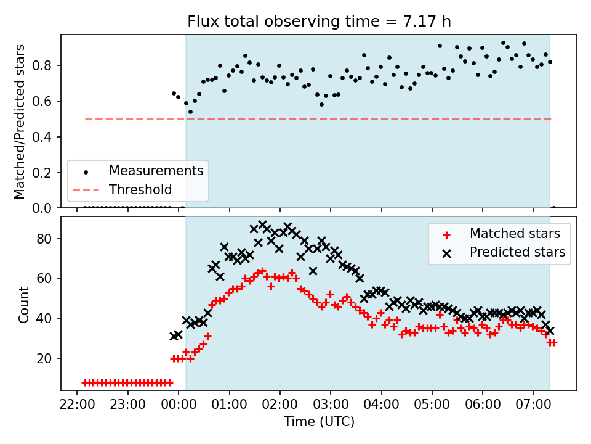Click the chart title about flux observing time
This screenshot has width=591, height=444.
pos(319,21)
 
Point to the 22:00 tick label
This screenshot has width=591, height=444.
pos(77,405)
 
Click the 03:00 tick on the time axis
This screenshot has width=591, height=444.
pos(331,405)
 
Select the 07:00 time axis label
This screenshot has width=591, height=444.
pos(533,405)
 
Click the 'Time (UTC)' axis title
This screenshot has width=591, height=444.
pos(319,421)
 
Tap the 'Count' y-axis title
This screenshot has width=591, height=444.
pos(23,304)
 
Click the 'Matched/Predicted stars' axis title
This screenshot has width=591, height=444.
pos(19,121)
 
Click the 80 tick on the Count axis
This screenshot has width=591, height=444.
pos(44,239)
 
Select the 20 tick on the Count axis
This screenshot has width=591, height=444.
pos(44,358)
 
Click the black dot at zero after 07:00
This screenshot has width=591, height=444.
pos(553,208)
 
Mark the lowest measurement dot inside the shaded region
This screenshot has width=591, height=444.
pos(190,112)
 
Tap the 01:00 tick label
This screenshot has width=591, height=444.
pos(229,405)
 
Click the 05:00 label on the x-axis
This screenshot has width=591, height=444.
pos(432,405)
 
